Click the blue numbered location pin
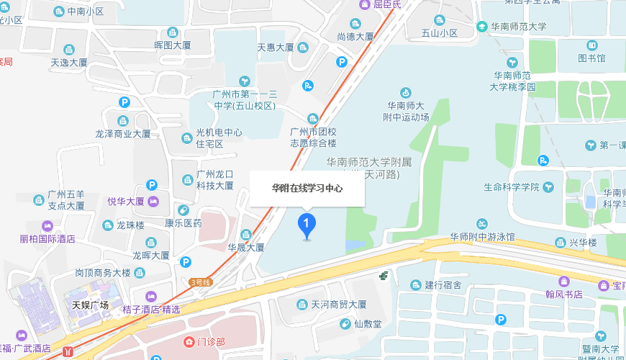(x=307, y=225)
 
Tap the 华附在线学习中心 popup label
(x=307, y=189)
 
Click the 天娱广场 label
(x=90, y=305)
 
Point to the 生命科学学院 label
(x=512, y=186)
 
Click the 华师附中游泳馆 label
(x=482, y=236)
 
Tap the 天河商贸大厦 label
(x=339, y=304)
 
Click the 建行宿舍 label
(x=443, y=284)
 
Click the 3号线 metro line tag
(x=199, y=282)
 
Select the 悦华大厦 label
(x=126, y=201)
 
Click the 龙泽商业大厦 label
(x=123, y=133)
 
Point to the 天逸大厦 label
(x=68, y=63)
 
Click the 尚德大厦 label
(x=355, y=36)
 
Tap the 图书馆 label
(x=591, y=58)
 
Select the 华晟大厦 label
(x=246, y=247)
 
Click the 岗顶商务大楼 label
(x=104, y=273)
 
